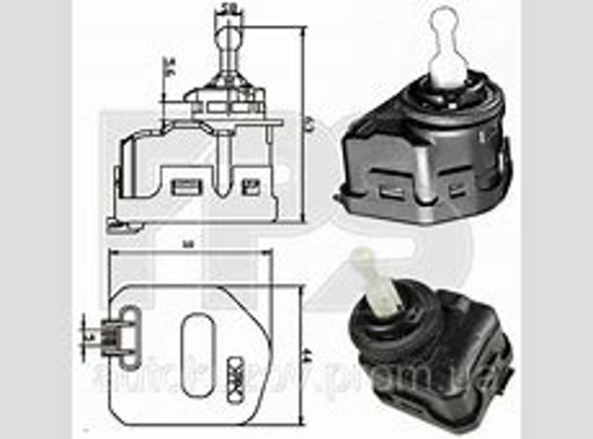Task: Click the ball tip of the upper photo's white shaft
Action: click(445, 18)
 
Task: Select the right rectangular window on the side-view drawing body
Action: click(247, 186)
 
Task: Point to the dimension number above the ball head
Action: click(227, 8)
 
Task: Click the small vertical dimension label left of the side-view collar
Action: click(168, 67)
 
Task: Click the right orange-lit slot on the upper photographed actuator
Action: click(453, 192)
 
